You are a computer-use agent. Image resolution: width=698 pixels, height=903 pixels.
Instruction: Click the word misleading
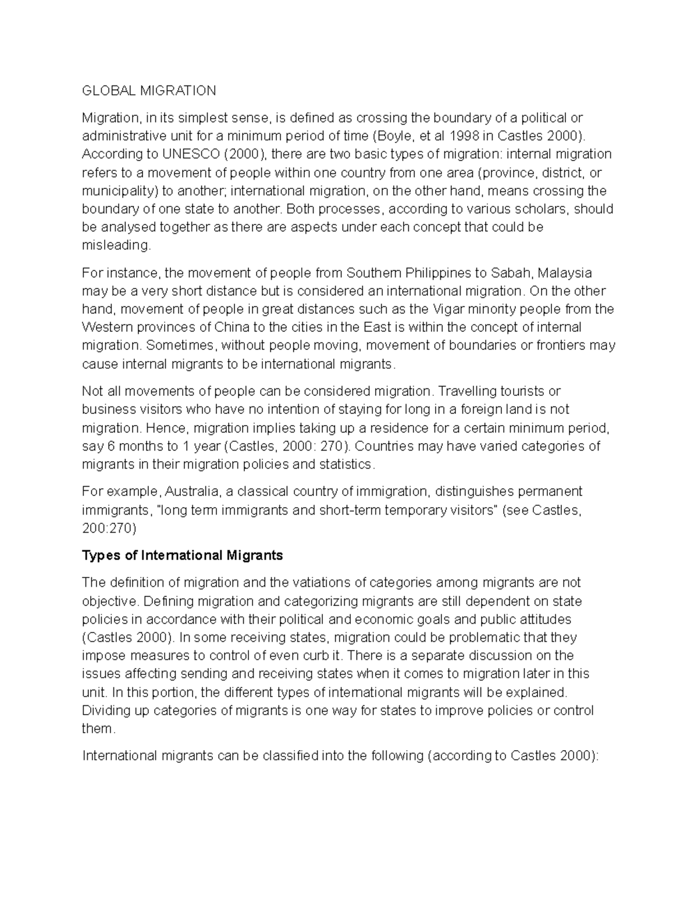tap(116, 245)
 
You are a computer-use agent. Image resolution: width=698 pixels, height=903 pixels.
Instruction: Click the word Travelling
tap(469, 391)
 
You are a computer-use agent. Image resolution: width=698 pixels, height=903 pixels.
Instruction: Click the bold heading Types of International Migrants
tap(183, 555)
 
